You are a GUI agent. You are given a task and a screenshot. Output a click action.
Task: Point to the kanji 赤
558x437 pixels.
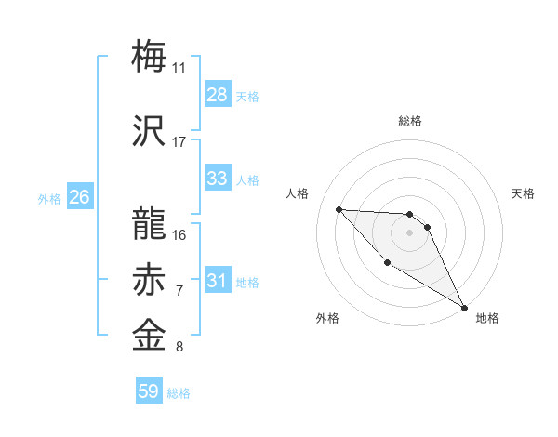(x=151, y=279)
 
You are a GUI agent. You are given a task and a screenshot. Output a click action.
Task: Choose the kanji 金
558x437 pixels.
(x=151, y=335)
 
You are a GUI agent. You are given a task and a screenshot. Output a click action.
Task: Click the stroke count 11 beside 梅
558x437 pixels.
(x=179, y=67)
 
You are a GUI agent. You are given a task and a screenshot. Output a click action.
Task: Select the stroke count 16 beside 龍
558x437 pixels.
(x=179, y=234)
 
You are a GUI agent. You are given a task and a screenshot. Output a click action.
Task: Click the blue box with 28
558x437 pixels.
(x=217, y=94)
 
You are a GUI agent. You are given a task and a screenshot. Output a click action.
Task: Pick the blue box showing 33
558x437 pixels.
(x=217, y=179)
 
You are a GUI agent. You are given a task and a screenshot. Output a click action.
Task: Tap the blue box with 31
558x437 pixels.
(x=217, y=281)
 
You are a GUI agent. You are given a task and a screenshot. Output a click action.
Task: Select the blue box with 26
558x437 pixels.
(x=79, y=196)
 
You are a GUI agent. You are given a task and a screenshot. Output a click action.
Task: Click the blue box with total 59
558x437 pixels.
(x=148, y=391)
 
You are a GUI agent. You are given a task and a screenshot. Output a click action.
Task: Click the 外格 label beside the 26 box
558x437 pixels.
(x=48, y=198)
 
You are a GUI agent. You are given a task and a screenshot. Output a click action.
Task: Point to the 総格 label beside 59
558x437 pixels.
(x=179, y=393)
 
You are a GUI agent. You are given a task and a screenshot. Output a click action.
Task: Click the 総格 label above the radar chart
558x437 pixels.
(x=409, y=121)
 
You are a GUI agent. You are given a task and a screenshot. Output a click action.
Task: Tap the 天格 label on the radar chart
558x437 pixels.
(x=523, y=193)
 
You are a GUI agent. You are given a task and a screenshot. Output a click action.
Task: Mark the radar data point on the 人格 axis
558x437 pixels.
(x=339, y=209)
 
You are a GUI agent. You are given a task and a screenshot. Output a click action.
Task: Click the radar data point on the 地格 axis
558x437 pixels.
(x=466, y=307)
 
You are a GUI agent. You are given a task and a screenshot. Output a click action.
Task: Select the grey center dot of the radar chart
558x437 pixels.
(x=409, y=232)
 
